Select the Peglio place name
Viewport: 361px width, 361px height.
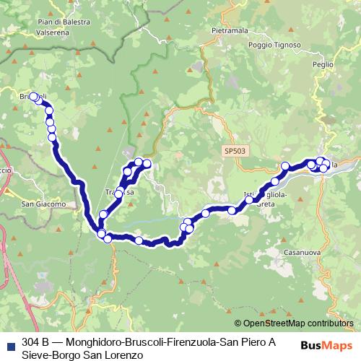(x=323, y=64)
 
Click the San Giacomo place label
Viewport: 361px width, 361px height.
(x=43, y=204)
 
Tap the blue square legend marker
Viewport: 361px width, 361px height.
(x=11, y=342)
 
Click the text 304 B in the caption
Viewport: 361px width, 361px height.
(x=35, y=342)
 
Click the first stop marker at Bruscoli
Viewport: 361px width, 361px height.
(x=33, y=97)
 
